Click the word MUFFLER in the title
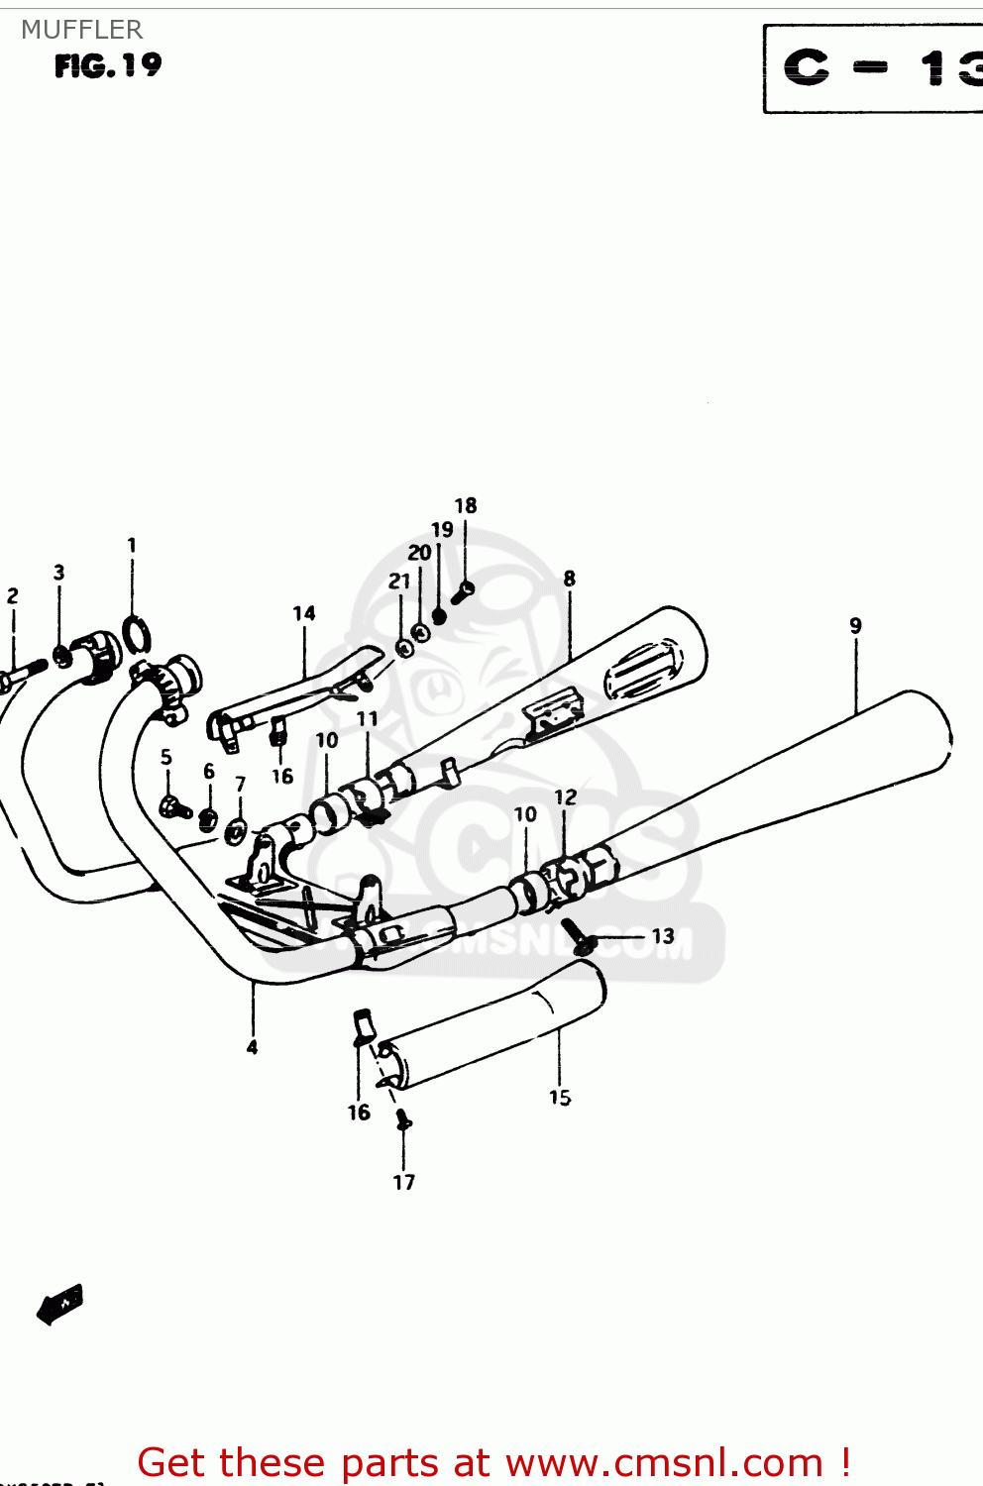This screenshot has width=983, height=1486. [x=82, y=30]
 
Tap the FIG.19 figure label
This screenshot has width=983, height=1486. [x=108, y=65]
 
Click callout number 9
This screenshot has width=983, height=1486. [x=855, y=626]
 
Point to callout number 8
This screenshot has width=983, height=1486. [x=569, y=579]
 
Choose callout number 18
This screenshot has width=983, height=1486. [x=466, y=506]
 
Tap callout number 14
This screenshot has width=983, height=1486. [x=304, y=614]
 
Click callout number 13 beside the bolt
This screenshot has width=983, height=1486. [x=662, y=936]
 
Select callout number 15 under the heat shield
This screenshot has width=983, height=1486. [x=560, y=1098]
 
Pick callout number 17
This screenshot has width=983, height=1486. [x=404, y=1182]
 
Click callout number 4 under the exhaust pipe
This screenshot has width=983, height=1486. [x=253, y=1047]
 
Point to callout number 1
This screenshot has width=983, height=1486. [x=132, y=546]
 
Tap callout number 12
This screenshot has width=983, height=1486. [x=565, y=797]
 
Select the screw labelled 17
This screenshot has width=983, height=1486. [x=402, y=1120]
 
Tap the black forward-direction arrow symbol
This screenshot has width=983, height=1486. [x=59, y=1304]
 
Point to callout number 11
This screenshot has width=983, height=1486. [x=368, y=719]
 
